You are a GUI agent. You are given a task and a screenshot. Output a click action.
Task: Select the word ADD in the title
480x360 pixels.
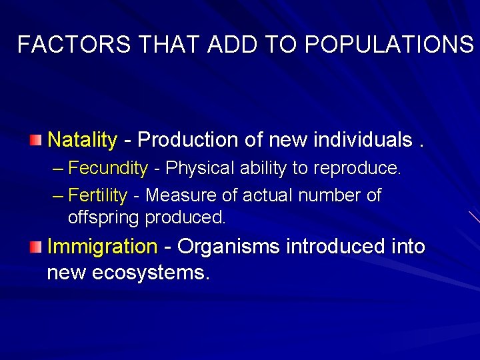(234, 45)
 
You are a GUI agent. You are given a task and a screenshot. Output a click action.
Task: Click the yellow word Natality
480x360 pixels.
(83, 140)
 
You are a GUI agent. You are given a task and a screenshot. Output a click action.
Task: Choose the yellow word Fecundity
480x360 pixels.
(108, 168)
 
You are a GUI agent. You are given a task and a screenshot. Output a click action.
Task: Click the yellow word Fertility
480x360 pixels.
(98, 195)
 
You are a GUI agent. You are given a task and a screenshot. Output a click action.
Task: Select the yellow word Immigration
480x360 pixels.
(102, 247)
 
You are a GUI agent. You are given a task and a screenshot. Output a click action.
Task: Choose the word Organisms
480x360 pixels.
(229, 247)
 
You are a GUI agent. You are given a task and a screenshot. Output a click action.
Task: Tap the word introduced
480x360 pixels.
(341, 247)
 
